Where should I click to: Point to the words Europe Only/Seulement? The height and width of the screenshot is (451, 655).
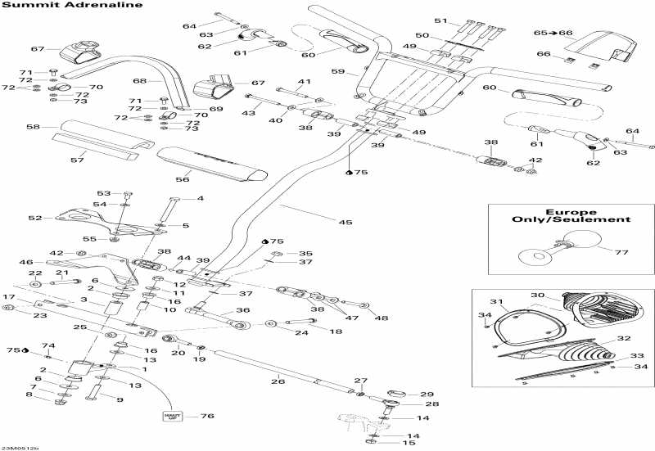pos(571,214)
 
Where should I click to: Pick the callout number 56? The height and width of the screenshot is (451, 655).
pos(182,179)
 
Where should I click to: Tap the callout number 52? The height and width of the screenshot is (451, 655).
pos(34,218)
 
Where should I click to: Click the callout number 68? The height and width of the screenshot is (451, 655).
pos(139,81)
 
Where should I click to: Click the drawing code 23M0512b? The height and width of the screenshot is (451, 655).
pos(20,447)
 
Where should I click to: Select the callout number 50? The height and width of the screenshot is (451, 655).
pos(422,35)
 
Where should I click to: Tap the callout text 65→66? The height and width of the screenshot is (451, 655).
pos(549,32)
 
